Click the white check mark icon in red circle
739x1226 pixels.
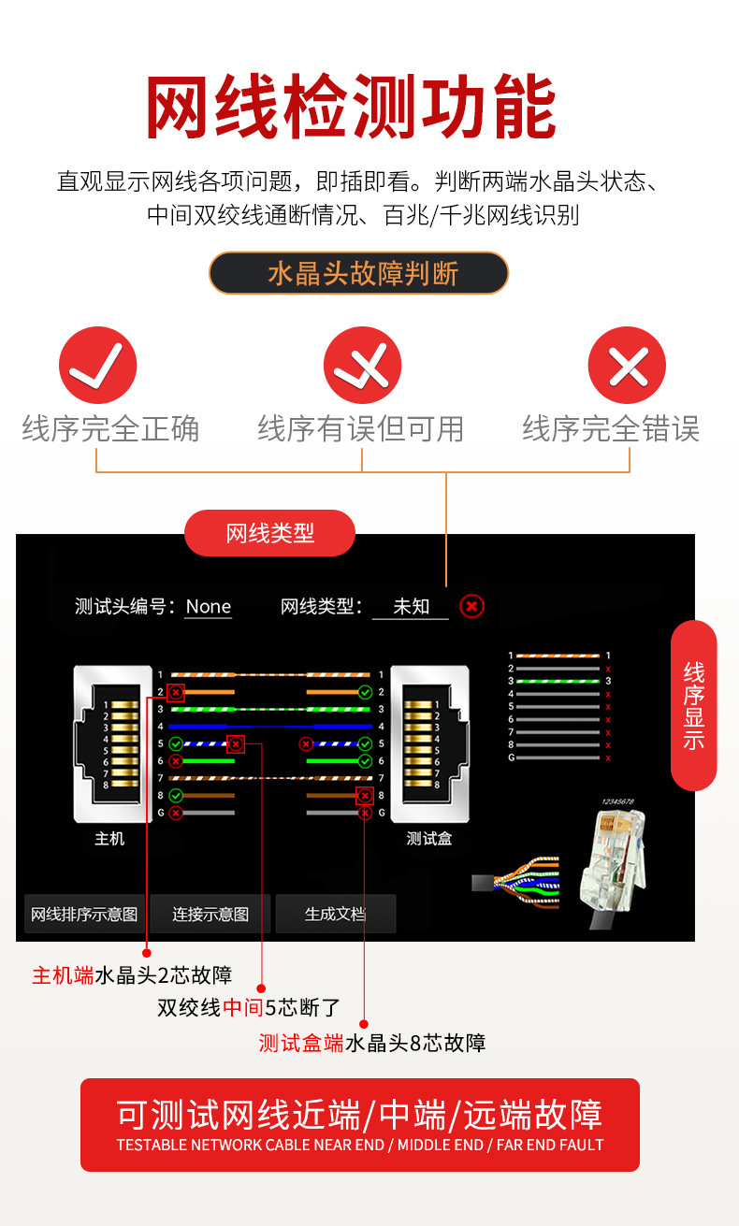click(x=97, y=365)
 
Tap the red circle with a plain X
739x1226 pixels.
click(x=626, y=365)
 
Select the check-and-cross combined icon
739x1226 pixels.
click(x=362, y=365)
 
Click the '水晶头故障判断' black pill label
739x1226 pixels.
click(x=358, y=273)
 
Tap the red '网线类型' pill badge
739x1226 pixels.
click(x=270, y=533)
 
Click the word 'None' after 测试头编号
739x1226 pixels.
click(x=208, y=607)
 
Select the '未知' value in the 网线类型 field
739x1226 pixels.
click(x=411, y=607)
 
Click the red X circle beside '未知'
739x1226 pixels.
click(x=472, y=607)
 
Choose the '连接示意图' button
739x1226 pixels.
click(x=210, y=914)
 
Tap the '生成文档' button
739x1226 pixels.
click(x=335, y=914)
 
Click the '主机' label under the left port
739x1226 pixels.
click(x=109, y=839)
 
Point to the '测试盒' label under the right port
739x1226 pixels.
click(x=429, y=839)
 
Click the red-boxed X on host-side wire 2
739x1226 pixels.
click(x=176, y=693)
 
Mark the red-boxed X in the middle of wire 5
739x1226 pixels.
click(x=236, y=744)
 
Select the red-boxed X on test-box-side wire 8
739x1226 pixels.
click(x=365, y=796)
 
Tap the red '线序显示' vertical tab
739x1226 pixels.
click(x=693, y=705)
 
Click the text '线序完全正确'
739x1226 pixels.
click(x=110, y=429)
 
